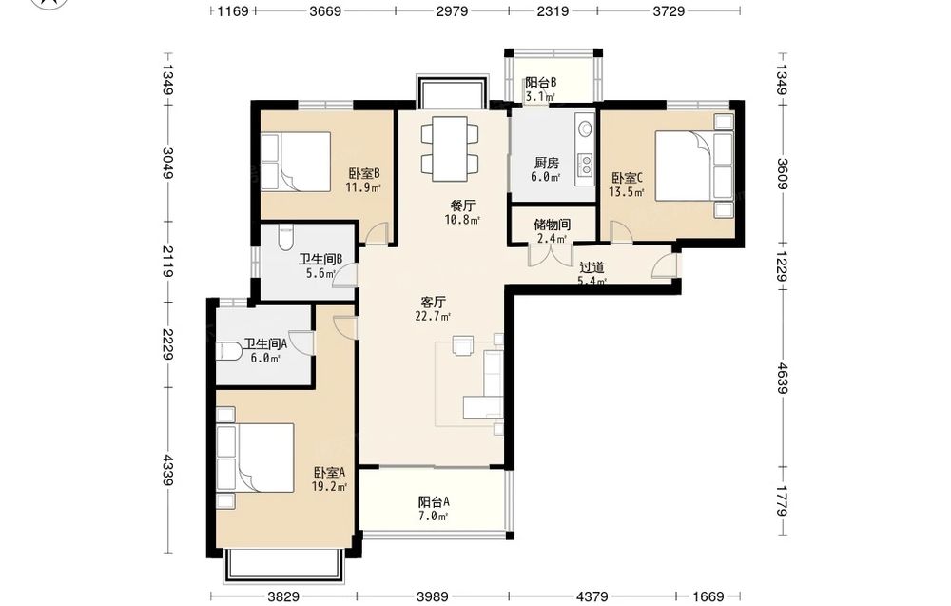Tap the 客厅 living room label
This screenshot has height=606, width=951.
click(434, 302)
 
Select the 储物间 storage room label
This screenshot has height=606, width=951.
click(552, 225)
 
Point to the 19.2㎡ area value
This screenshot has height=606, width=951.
click(329, 486)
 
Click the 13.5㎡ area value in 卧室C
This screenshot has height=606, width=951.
click(627, 192)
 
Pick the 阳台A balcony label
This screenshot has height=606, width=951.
click(434, 502)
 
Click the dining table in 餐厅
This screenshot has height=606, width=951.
click(450, 148)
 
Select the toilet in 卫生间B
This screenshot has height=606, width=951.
click(284, 238)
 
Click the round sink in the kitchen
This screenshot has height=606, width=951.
click(586, 128)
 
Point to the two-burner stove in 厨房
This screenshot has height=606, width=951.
click(586, 162)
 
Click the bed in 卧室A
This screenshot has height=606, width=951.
click(256, 458)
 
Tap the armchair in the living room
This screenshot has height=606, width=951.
click(465, 345)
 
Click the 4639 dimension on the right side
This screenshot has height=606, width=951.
click(782, 378)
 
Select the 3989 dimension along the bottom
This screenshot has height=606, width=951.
click(434, 596)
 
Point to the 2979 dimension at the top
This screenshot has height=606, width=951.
click(452, 10)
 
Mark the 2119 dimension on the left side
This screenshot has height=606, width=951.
click(168, 261)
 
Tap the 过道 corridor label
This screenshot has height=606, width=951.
click(592, 267)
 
